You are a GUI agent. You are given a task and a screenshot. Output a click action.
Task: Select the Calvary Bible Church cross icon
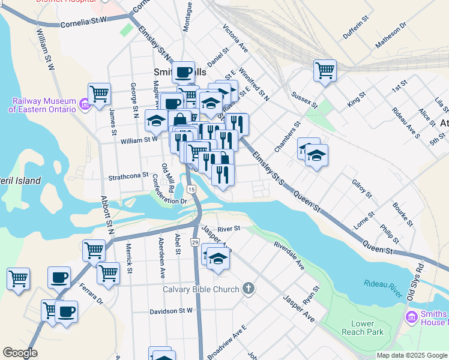(249, 289)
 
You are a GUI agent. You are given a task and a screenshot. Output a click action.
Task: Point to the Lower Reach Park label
(362, 327)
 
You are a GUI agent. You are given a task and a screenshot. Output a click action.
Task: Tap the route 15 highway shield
(191, 189)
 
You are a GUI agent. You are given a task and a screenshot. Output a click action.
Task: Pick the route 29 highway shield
(195, 242)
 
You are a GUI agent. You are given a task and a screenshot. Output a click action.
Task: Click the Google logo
(20, 353)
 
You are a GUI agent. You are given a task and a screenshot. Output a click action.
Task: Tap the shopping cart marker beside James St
(99, 93)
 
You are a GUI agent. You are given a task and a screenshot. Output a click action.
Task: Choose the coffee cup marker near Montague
(184, 72)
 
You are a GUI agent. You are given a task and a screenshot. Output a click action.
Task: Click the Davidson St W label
(171, 311)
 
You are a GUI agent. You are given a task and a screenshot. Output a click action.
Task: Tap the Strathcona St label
(128, 176)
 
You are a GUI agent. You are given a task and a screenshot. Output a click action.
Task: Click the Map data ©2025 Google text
(412, 355)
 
